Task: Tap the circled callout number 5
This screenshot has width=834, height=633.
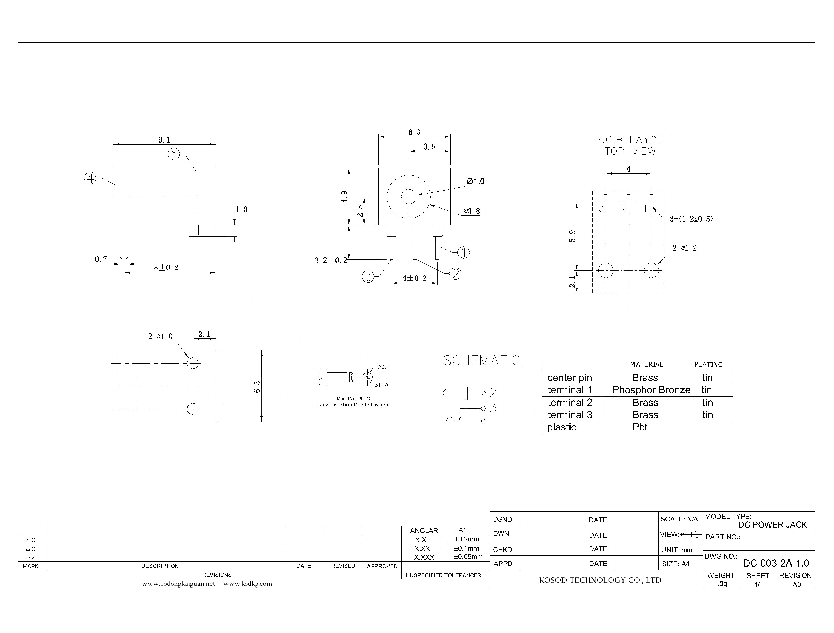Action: coord(173,154)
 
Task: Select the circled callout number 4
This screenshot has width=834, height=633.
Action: coord(90,178)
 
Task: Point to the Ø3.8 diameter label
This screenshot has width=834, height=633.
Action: coord(472,211)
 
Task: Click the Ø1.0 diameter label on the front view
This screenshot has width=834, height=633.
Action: coord(475,181)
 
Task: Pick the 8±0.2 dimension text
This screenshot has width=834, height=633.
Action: coord(166,268)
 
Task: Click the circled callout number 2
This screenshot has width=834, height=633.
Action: coord(455,274)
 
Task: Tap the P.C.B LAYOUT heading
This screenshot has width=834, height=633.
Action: coord(633,140)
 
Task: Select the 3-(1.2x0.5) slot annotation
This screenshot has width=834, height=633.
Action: coord(691,219)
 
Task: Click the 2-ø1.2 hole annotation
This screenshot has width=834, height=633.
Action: coord(684,248)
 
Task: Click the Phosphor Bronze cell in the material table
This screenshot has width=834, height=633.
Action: coord(651,390)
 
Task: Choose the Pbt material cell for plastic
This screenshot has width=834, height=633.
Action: coord(640,427)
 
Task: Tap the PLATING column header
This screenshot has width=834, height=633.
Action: coord(708,364)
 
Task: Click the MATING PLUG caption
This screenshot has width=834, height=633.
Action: coord(354,399)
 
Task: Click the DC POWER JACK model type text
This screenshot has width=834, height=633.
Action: coord(772,524)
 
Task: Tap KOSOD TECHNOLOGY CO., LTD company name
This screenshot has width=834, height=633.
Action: coord(600,580)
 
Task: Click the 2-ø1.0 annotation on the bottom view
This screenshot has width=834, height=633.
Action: coord(160,336)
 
